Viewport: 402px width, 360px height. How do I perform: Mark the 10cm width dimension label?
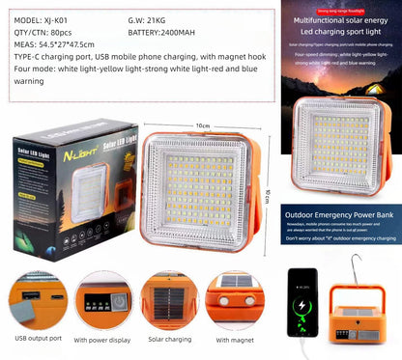[203, 126]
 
